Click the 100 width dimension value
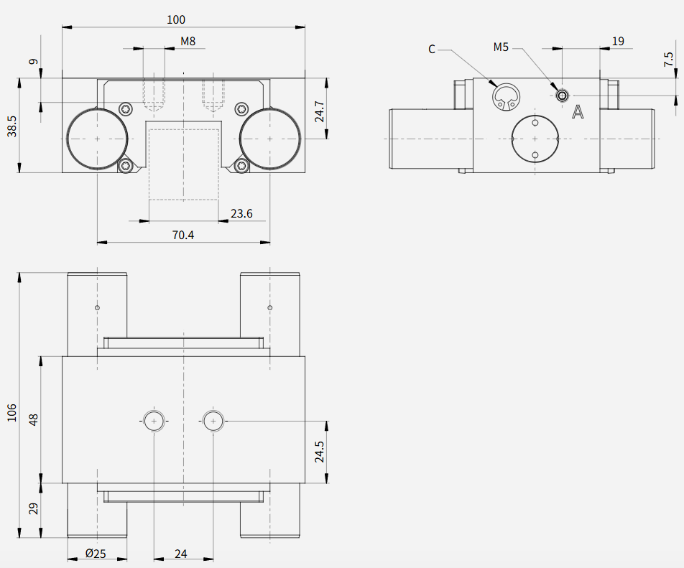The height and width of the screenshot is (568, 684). point(176,19)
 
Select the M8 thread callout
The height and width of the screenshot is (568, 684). point(188,42)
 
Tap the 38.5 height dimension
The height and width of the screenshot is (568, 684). point(11,126)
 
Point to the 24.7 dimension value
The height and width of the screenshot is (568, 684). point(320,111)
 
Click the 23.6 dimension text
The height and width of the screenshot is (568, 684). point(241,213)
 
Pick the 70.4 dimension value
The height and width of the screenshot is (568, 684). point(182,236)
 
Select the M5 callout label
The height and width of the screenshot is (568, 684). point(501,47)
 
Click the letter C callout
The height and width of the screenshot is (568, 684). point(432,50)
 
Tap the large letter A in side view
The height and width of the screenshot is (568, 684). point(578,112)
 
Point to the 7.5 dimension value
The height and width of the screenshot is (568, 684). point(668,60)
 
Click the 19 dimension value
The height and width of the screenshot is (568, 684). point(618,42)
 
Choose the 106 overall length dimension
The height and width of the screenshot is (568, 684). point(11,412)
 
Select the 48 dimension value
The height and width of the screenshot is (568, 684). point(34,420)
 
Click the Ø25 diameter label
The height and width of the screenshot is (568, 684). point(96,554)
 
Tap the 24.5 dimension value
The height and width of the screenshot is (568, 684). point(320,452)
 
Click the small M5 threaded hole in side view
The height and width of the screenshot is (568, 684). point(563,96)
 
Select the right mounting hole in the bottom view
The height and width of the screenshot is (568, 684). point(213,421)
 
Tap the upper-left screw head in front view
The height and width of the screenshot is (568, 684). point(126,109)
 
